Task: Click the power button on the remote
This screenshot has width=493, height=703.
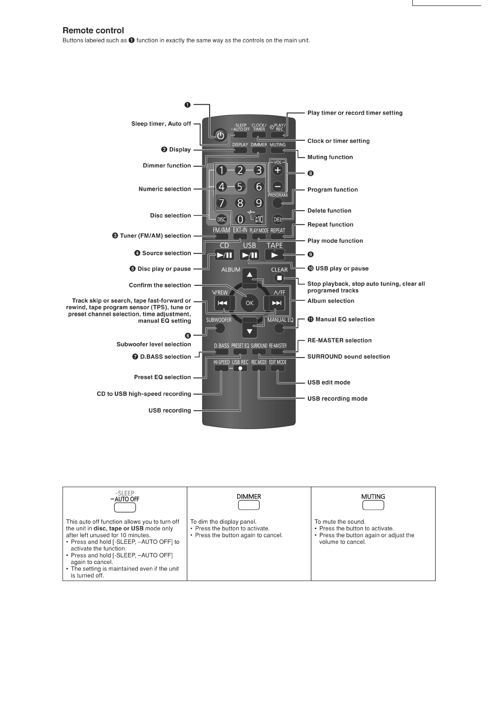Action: coord(220,136)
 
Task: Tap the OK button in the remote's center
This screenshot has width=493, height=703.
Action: coord(249,303)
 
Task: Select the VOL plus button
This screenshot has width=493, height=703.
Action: coord(277,170)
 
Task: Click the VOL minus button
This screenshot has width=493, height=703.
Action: coord(277,186)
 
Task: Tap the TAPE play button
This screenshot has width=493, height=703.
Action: coord(275,255)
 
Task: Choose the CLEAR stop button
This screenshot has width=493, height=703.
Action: coord(279,278)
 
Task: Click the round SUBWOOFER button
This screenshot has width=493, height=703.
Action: coord(219,328)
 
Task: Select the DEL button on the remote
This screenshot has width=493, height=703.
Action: coord(277,219)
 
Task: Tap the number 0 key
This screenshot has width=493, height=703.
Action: coord(240,219)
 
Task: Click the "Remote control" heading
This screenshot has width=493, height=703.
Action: coord(93,31)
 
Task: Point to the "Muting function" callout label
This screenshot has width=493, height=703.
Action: coord(330,157)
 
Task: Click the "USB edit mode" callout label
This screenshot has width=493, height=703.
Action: coord(329,382)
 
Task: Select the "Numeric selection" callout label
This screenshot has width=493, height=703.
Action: coord(165,189)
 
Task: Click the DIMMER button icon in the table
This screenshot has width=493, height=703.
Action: coord(249,505)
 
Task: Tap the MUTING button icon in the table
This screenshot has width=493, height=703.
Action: coord(373,505)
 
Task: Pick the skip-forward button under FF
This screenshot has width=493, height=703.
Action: coord(276,303)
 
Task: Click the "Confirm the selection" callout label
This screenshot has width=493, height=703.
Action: coord(160,285)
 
